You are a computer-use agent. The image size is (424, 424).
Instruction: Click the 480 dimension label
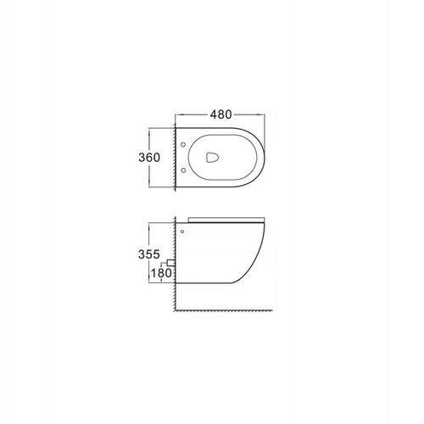pyautogui.click(x=220, y=114)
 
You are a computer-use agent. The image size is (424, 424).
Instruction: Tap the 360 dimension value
pyautogui.click(x=149, y=158)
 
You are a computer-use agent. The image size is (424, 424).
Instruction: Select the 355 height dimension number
pyautogui.click(x=149, y=254)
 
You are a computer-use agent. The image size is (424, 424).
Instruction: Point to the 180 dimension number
pyautogui.click(x=161, y=273)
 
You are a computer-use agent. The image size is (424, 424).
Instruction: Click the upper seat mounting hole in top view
pyautogui.click(x=183, y=145)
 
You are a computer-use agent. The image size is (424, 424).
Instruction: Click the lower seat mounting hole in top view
pyautogui.click(x=183, y=170)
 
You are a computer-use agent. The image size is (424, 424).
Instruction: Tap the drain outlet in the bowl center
pyautogui.click(x=212, y=158)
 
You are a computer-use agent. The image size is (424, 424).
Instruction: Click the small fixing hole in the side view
pyautogui.click(x=182, y=232)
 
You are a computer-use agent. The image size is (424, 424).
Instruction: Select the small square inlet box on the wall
pyautogui.click(x=170, y=263)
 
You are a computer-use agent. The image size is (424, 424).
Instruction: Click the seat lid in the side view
pyautogui.click(x=226, y=220)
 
